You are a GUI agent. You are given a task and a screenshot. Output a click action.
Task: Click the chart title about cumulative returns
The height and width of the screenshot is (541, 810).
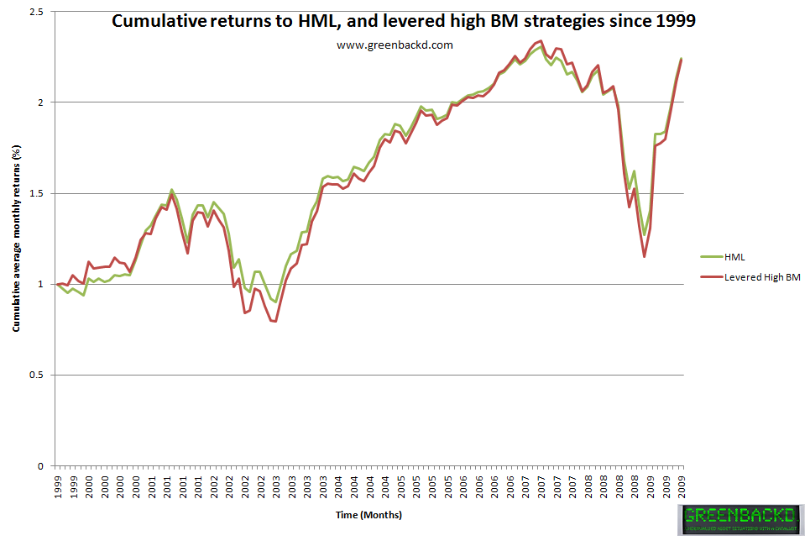tap(404, 22)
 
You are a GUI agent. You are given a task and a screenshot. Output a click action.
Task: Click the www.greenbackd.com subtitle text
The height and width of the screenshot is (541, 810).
tap(395, 45)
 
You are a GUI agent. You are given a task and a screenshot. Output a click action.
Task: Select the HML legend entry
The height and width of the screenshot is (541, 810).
tap(735, 256)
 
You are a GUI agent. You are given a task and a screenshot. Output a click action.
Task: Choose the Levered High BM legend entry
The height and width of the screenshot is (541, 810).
tap(762, 277)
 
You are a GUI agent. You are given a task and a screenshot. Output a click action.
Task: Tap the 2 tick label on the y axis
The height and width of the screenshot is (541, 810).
tap(39, 102)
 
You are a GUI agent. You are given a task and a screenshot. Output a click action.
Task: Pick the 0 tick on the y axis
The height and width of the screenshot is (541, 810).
tap(39, 466)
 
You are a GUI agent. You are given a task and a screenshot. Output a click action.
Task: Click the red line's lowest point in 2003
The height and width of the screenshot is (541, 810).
tap(274, 322)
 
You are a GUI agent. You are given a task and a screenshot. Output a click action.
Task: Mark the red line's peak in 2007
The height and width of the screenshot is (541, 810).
tap(541, 40)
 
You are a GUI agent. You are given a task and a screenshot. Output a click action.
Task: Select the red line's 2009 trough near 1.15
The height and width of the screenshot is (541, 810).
tap(645, 256)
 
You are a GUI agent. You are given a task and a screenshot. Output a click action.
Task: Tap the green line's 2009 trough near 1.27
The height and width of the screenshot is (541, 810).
tap(645, 234)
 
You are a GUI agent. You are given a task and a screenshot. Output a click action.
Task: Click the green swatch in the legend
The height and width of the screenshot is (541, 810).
tap(710, 256)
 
